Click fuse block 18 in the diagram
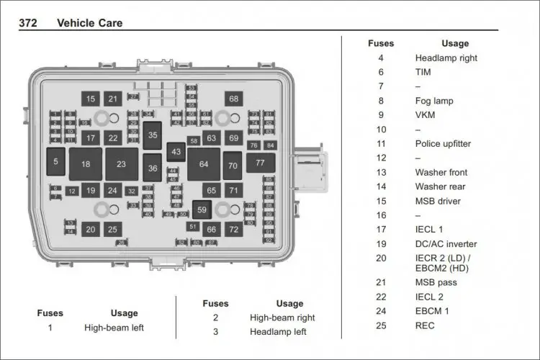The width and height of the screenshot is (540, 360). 86,164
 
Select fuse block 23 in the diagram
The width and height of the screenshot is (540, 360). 121,164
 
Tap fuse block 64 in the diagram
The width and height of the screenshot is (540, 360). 204,164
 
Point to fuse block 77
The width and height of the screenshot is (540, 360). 260,163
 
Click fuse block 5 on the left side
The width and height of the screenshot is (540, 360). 55,162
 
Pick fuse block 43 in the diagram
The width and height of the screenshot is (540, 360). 176,151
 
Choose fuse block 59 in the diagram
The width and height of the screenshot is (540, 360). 202,210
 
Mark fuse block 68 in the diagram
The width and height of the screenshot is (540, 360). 233,99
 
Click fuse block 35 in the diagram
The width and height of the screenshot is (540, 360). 152,135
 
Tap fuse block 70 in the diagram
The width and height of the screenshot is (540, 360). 232,166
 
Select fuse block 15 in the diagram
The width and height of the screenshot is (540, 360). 90,99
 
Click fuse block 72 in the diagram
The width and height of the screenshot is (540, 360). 233,230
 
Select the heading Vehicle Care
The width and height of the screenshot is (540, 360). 89,23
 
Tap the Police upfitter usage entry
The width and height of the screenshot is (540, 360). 443,143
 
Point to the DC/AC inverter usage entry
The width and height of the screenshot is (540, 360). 446,243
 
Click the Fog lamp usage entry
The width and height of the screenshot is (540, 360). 434,101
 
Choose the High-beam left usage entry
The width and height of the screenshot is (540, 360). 114,328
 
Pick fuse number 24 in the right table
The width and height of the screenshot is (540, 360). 381,311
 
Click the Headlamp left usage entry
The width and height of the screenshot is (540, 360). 278,332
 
